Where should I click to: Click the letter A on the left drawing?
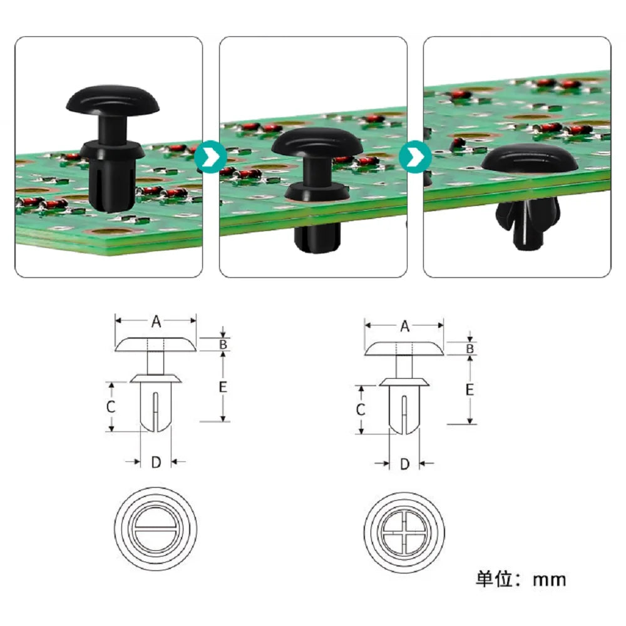(156, 321)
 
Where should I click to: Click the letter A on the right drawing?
(405, 326)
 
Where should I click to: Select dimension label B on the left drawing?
(223, 344)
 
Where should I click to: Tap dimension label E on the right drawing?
(470, 389)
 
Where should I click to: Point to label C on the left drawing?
(111, 407)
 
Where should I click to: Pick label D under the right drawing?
(405, 464)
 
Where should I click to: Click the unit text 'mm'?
(550, 580)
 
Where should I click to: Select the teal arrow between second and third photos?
(415, 157)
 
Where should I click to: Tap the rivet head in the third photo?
(530, 159)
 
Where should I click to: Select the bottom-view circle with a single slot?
(156, 529)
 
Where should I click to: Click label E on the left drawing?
(223, 386)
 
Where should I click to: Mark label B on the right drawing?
(470, 349)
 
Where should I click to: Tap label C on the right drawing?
(360, 409)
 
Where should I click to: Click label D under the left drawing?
(156, 463)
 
